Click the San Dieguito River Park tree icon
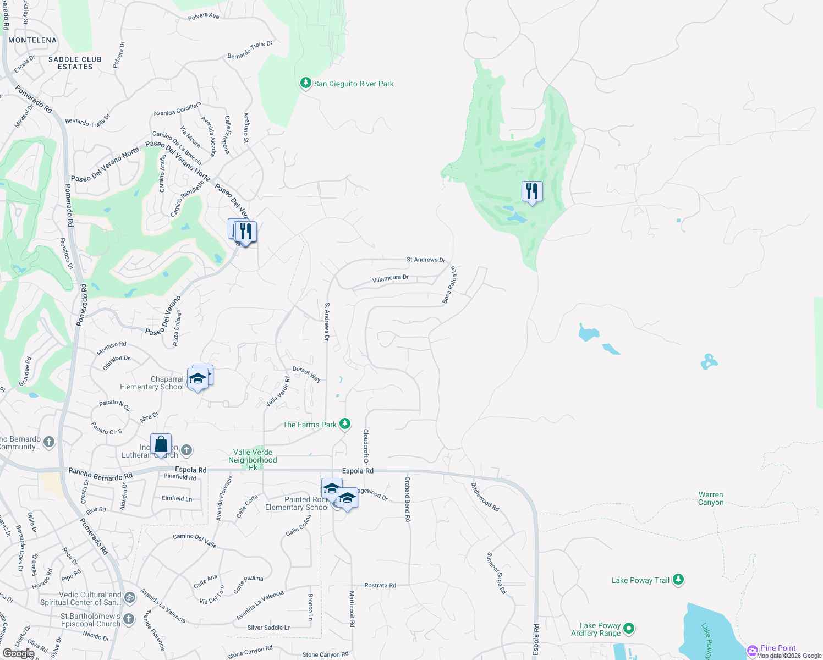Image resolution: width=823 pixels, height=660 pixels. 305,83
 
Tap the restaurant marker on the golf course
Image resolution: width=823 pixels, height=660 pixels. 531,191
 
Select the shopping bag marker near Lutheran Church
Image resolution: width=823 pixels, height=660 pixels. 161,444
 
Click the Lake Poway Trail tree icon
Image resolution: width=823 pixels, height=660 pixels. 678,580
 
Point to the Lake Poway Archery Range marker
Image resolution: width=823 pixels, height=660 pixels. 629,628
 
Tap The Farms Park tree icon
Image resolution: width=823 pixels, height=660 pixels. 345,424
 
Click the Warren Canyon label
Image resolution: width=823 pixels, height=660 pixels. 711,498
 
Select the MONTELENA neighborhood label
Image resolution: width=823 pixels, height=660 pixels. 32,40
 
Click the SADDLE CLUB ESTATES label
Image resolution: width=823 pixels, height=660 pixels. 75,63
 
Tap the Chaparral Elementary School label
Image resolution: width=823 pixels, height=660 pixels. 152,383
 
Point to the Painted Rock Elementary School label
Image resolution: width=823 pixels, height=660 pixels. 297,503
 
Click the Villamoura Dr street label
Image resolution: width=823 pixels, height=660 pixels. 390,278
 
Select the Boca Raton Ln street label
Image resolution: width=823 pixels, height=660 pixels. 449,285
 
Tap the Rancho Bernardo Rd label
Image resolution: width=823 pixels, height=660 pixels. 100,474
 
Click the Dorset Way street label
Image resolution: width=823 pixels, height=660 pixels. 306,374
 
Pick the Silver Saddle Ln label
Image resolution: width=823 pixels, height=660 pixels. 269,628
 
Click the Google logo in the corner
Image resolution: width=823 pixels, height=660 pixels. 18,653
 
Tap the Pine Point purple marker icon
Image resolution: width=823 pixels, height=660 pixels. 752,651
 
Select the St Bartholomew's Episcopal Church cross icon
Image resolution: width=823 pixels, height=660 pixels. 129,619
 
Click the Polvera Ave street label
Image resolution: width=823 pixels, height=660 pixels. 203,16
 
